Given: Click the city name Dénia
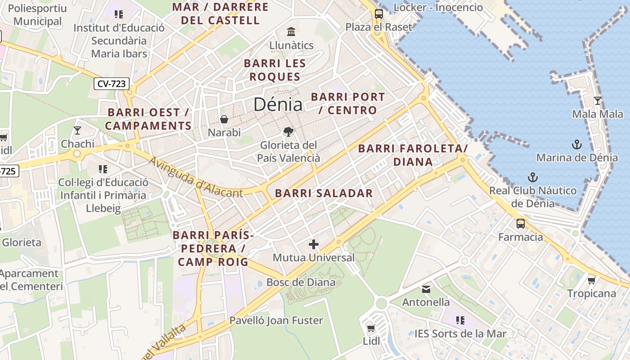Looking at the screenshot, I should coord(278,104).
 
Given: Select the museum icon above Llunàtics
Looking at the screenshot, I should coord(291,32).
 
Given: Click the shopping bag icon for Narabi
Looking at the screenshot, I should coord(224,119).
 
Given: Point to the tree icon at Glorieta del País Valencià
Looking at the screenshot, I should coord(288,132).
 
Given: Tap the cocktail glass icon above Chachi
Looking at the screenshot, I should coord(77,130).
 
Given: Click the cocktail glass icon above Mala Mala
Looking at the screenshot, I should coord(597,100).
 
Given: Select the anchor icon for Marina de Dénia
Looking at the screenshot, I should coord(576,144).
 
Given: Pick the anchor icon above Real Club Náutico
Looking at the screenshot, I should coord(533,177).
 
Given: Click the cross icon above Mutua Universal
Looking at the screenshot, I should coord(314,244).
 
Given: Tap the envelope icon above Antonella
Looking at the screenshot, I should coord(426,289).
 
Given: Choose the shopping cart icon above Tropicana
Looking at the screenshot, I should coord(591,280).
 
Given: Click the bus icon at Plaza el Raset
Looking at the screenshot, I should coord(378,14).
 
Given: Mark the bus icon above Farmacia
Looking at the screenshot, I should coord(520,223).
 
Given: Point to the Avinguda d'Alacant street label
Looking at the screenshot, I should coord(195,177).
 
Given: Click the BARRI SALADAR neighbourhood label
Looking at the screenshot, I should coord(324,193).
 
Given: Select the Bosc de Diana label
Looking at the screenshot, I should coord(301,283).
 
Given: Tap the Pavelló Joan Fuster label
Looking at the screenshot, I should coord(276,321).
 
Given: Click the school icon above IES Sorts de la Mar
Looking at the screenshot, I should coord(460,320).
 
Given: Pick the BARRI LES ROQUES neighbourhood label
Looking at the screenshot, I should coord(274,70).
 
